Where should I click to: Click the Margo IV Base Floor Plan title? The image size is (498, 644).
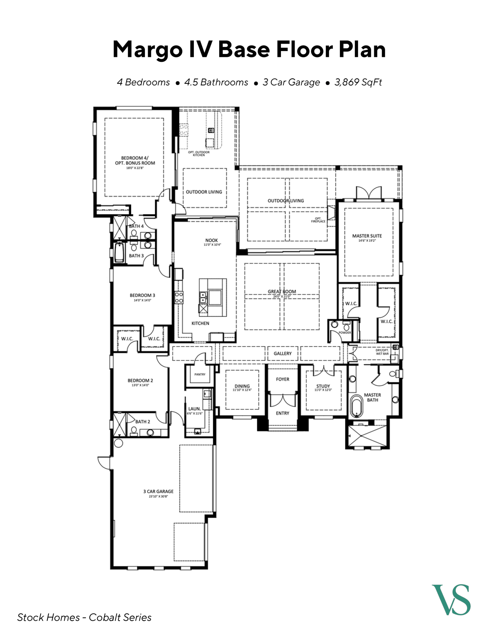tap(249, 49)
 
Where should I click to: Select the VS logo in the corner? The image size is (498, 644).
tap(451, 600)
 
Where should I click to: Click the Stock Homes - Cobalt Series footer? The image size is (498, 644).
tap(84, 617)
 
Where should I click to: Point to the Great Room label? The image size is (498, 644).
tap(282, 292)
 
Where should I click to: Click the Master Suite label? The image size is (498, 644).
tap(367, 236)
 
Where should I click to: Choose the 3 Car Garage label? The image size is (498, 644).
tap(158, 492)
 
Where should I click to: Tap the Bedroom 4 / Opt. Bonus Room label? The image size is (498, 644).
tap(135, 160)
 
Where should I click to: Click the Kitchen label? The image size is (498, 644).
tap(200, 323)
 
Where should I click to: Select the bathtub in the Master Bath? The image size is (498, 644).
tap(356, 406)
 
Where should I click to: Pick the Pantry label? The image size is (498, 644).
tap(200, 374)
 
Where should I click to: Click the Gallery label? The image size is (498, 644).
tap(283, 353)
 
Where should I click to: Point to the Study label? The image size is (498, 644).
tap(323, 386)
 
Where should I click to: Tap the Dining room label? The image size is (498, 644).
tap(242, 386)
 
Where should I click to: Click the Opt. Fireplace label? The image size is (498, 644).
tap(318, 220)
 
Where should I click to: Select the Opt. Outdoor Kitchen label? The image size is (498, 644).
tap(199, 153)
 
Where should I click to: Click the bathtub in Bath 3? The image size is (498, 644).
tap(120, 253)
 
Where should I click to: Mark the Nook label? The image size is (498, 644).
tap(212, 241)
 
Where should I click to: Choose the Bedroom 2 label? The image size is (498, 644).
tap(140, 381)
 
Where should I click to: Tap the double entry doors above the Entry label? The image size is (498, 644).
tap(283, 400)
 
